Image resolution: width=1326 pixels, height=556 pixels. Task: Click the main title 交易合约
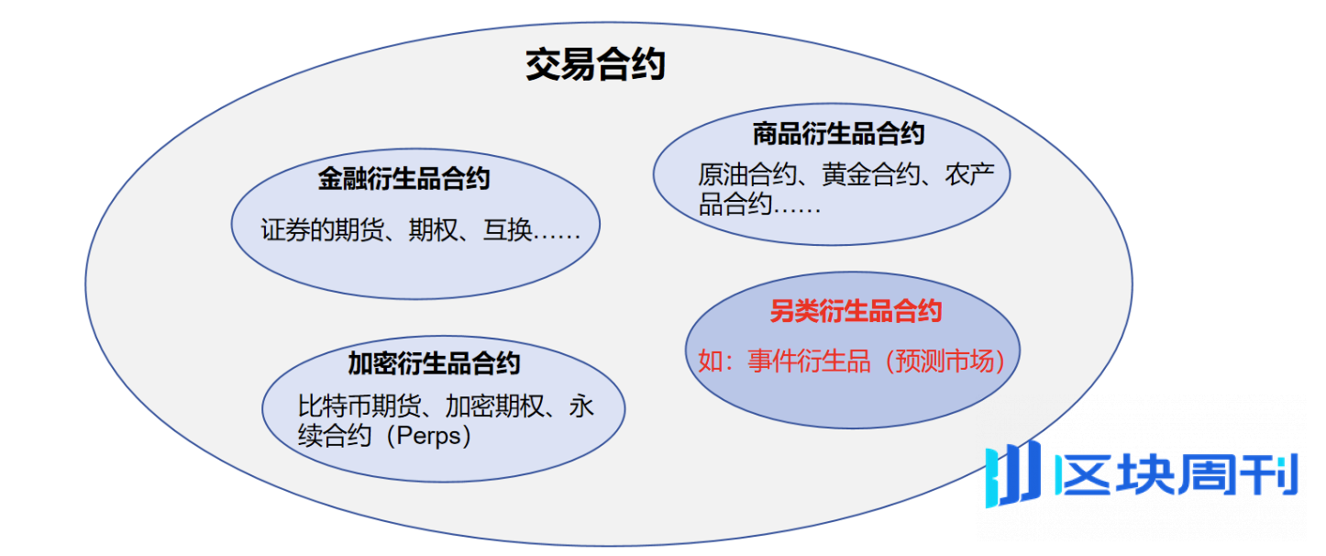point(595,65)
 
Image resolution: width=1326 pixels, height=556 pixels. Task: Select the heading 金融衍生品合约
point(404,178)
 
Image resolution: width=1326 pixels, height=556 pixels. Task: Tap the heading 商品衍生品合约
point(838,134)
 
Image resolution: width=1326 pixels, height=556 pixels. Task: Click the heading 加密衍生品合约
point(433,362)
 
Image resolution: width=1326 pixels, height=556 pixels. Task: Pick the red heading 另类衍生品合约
point(856,312)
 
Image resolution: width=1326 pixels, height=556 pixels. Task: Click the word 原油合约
point(746,174)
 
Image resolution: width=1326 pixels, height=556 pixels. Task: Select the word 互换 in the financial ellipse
point(508,230)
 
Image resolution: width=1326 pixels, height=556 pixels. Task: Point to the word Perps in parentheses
point(427,435)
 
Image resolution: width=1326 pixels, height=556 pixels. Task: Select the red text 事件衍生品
point(809,361)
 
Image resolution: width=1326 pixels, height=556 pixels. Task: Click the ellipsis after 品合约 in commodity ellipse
point(797,205)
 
